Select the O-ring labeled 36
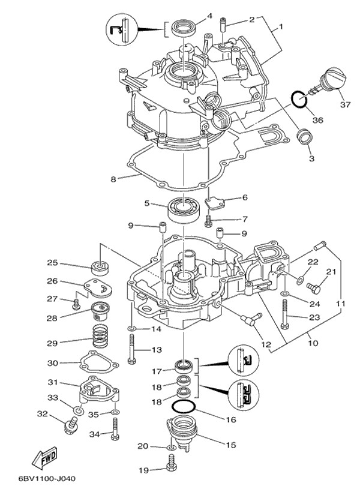click(x=299, y=98)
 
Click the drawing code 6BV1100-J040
click(x=39, y=479)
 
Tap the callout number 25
click(x=52, y=263)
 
